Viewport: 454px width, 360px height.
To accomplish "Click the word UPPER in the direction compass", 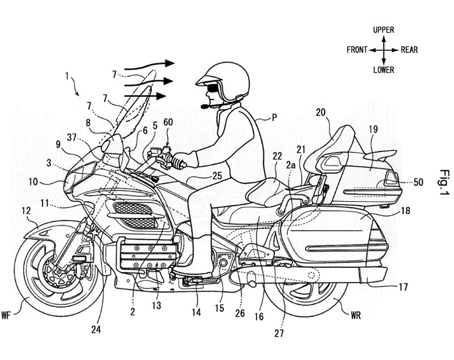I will click(x=383, y=29).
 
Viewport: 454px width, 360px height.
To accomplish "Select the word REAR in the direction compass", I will click(x=409, y=50).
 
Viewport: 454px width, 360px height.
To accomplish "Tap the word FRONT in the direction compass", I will click(x=358, y=50).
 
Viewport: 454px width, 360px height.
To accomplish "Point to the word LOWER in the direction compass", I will click(x=383, y=70).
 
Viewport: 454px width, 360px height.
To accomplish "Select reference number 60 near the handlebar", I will click(x=168, y=123).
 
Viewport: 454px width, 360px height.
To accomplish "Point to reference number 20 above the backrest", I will click(x=321, y=113).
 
